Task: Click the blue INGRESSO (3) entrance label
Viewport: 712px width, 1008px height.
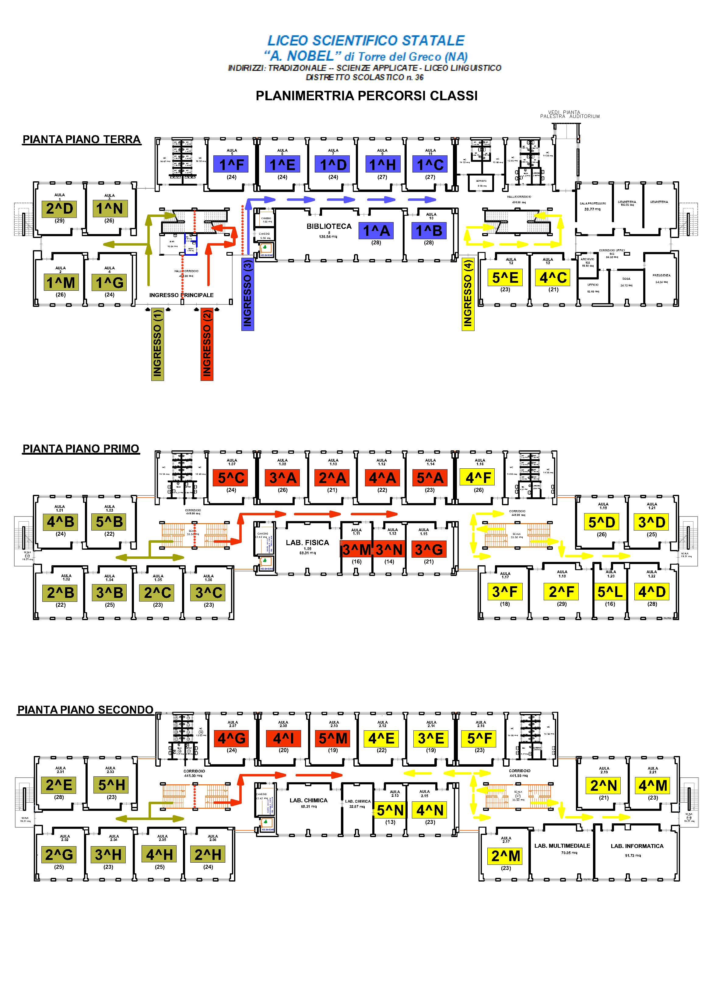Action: pos(247,293)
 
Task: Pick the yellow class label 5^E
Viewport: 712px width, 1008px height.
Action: pos(505,278)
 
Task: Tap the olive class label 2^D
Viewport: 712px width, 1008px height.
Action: pos(60,208)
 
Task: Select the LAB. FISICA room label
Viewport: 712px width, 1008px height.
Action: pos(307,543)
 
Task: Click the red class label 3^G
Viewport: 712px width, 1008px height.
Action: pos(429,549)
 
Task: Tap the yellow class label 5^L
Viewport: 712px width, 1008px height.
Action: pos(610,592)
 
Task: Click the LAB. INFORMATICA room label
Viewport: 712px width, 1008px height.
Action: pos(637,846)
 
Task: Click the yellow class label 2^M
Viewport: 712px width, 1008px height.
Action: pos(506,856)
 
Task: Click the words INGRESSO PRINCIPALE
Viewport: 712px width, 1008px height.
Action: pos(181,295)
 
